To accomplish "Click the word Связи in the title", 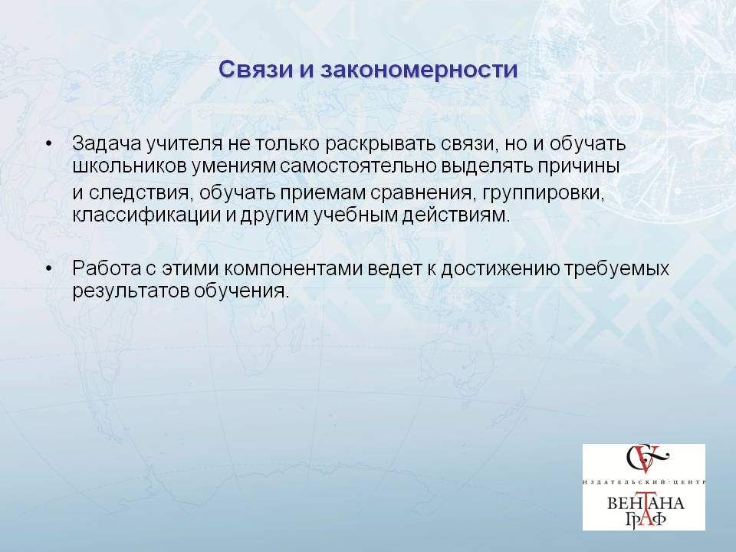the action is (x=255, y=70).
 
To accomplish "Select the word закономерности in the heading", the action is (x=419, y=70).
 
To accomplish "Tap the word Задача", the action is (x=107, y=143).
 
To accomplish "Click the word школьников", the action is (x=130, y=166).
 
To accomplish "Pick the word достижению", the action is (x=501, y=269).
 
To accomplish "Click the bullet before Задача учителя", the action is (x=48, y=144).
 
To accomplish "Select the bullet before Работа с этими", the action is (x=48, y=269).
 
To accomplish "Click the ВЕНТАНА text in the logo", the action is (x=646, y=504).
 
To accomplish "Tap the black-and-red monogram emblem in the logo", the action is (x=646, y=459).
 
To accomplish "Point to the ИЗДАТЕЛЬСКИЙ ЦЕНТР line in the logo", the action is (x=644, y=482).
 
